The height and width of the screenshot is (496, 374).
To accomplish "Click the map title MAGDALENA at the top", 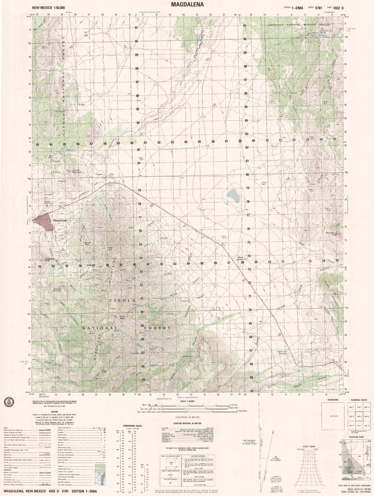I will click(187, 4).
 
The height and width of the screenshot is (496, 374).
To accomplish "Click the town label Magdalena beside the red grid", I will click(60, 220).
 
